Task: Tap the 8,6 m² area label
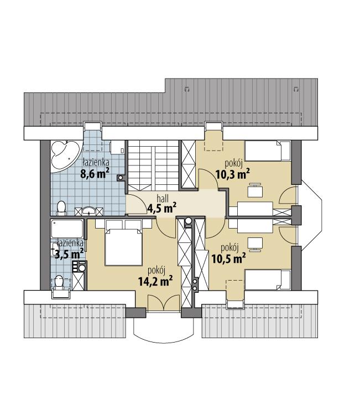coord(95,174)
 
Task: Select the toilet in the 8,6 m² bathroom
coord(62,208)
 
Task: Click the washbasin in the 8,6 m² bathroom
coord(90,210)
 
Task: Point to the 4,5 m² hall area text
coord(161,208)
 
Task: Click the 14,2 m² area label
coord(155,281)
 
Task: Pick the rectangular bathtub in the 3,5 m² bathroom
coord(66,229)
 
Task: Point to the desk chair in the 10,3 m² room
coord(255,191)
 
